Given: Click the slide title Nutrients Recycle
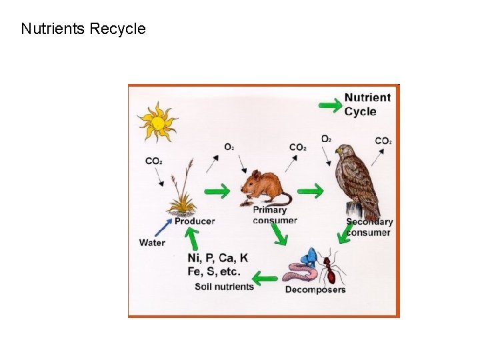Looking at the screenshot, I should [x=83, y=29].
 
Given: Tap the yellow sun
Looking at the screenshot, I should [x=157, y=122].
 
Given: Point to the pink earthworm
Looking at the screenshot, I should [x=301, y=272].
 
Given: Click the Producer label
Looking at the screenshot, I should [x=194, y=221].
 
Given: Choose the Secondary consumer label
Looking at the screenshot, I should [x=369, y=227].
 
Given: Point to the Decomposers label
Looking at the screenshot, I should [x=315, y=290].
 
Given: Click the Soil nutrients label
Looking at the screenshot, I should [x=224, y=287].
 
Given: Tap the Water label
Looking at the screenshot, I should [x=152, y=243].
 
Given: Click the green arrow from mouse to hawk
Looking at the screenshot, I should [x=309, y=191].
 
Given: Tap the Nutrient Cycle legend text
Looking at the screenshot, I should [x=367, y=105].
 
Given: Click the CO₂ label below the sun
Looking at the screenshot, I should [x=154, y=161].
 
